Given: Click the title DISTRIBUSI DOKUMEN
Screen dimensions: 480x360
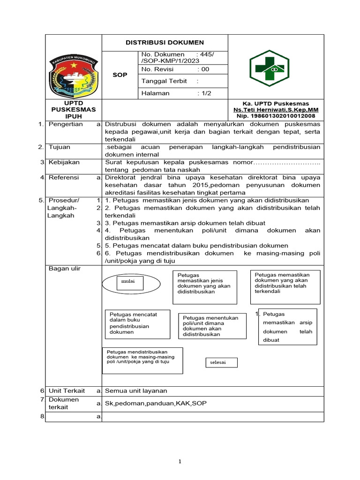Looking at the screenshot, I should (x=165, y=42).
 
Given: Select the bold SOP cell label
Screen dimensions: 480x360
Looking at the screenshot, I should (x=120, y=75).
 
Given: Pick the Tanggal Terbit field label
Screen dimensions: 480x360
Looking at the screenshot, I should (x=164, y=81).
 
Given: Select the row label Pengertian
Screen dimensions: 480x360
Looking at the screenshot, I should (x=66, y=124).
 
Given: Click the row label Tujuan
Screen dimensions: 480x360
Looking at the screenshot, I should (x=60, y=147).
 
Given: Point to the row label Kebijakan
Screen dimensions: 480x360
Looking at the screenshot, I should (x=64, y=162).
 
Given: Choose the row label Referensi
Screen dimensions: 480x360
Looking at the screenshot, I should (x=64, y=178).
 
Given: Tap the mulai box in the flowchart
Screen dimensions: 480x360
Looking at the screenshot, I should (x=125, y=282).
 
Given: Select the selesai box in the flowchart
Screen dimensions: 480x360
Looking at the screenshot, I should (x=221, y=363).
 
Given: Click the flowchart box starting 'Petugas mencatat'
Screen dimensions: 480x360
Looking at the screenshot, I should (x=136, y=323).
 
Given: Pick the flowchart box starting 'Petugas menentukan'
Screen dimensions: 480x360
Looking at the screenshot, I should (x=210, y=326).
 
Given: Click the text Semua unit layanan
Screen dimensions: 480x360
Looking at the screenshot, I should (x=136, y=390).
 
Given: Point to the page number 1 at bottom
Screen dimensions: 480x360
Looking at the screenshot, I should (x=180, y=462).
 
